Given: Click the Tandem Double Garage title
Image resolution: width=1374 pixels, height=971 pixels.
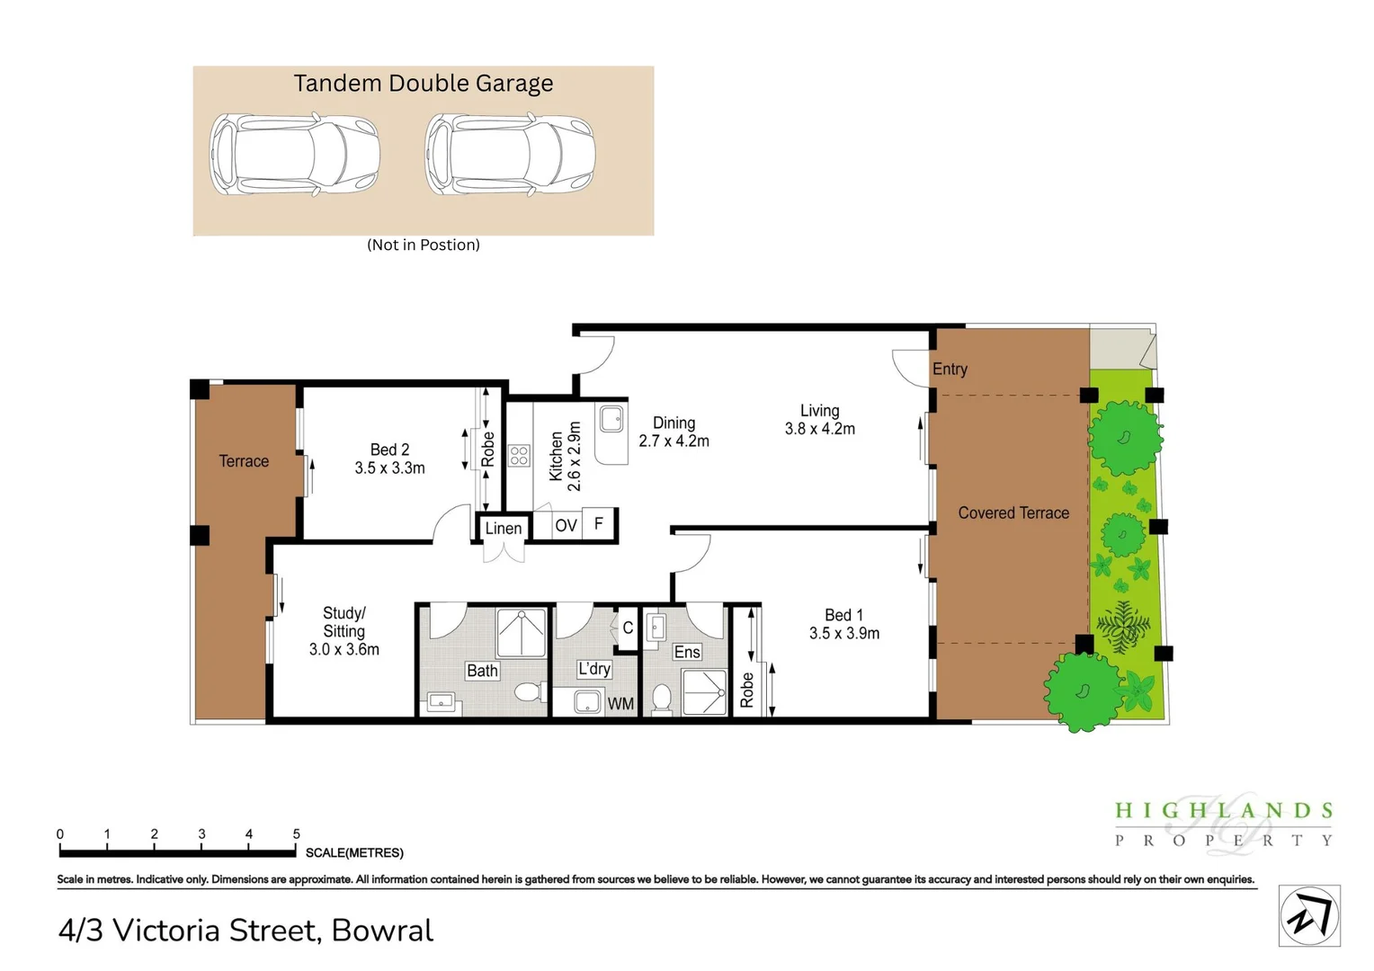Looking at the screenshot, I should tap(423, 84).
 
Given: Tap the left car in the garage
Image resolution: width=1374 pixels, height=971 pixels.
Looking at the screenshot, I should tap(295, 154).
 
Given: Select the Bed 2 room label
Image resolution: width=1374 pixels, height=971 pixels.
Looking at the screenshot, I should tap(389, 450).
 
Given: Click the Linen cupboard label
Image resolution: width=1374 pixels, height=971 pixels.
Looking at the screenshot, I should tap(503, 529).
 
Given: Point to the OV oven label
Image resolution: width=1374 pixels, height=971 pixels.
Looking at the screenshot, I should tap(566, 526).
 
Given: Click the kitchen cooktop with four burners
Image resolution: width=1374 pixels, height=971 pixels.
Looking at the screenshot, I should tap(519, 455).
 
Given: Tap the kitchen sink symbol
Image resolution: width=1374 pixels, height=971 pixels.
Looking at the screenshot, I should tap(612, 418).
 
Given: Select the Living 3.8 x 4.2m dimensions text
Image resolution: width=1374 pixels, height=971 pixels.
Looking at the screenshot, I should tap(819, 429).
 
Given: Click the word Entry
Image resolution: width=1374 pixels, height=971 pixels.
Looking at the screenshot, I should tap(950, 369).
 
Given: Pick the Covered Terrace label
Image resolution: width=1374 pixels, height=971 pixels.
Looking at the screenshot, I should tap(1013, 513).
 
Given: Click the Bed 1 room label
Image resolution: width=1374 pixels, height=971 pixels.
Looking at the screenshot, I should tap(843, 615).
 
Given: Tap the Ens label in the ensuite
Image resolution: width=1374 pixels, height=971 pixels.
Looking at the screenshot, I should tap(687, 652).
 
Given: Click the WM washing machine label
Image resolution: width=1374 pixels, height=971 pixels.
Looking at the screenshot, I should tap(620, 704).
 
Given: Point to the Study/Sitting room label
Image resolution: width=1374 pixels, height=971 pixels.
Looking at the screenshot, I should tap(343, 622).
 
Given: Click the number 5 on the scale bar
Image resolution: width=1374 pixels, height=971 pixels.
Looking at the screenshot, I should tap(297, 834).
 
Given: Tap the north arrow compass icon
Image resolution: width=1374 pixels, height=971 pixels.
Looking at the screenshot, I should tap(1309, 916).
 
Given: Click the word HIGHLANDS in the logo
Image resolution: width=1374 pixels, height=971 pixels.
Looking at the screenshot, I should tap(1223, 811).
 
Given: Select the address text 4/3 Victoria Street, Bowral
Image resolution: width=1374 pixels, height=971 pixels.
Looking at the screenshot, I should tap(245, 931).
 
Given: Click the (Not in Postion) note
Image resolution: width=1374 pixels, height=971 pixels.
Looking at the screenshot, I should tap(423, 245).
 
